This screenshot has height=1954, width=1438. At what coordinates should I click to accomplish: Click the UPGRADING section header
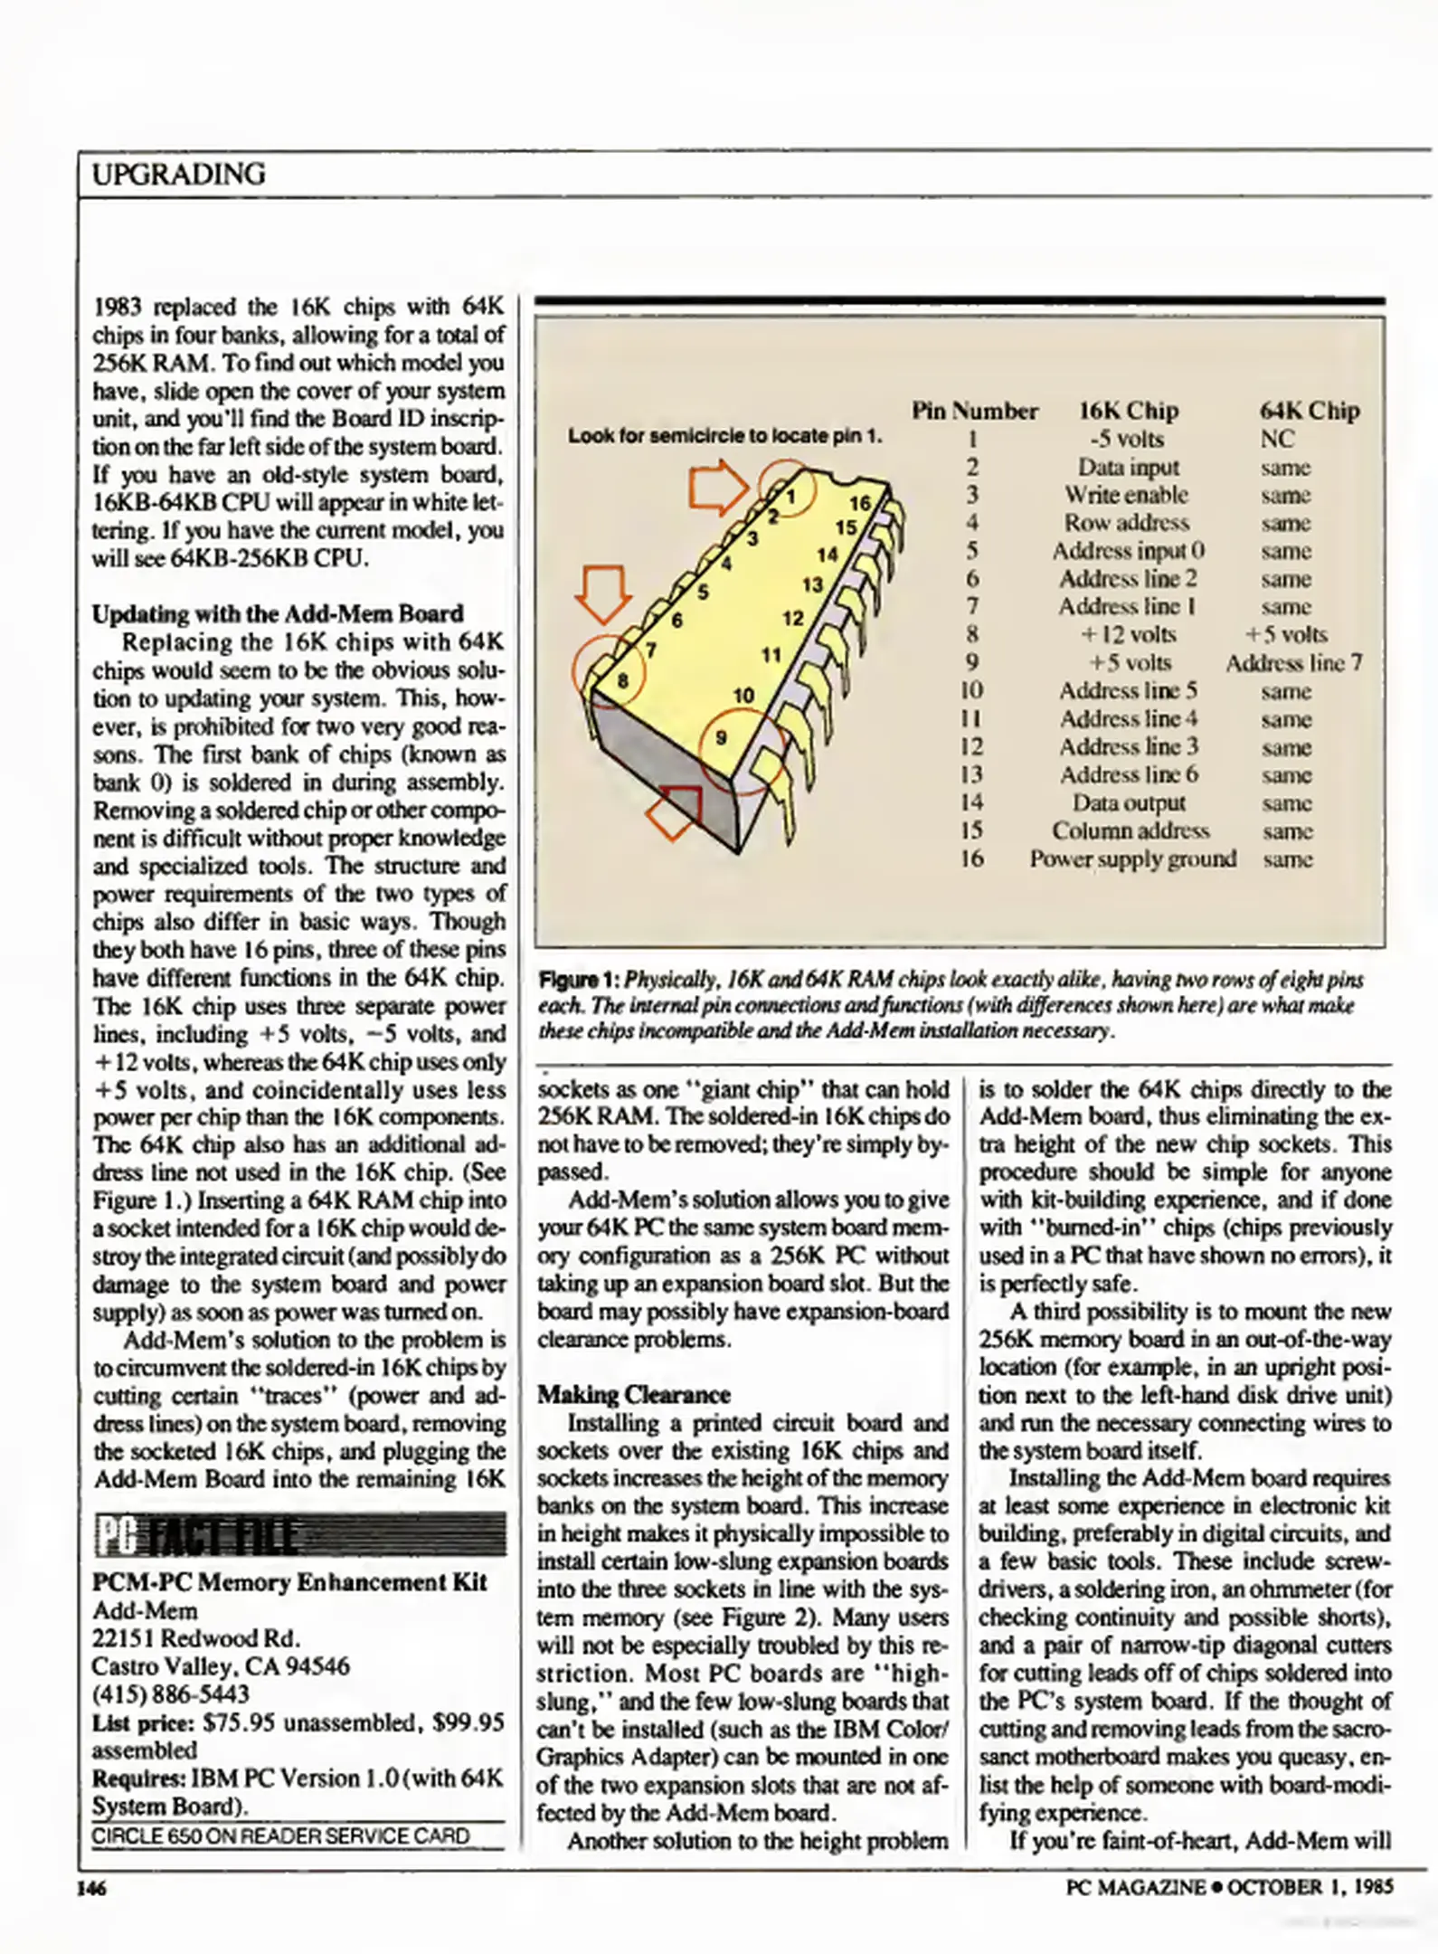pyautogui.click(x=179, y=174)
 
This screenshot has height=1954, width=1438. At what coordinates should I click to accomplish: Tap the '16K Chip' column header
pyautogui.click(x=1128, y=411)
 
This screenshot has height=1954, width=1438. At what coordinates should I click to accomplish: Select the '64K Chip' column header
pyautogui.click(x=1309, y=411)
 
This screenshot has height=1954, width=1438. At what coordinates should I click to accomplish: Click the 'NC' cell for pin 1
pyautogui.click(x=1277, y=439)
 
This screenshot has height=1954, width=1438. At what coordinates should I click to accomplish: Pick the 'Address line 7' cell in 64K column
pyautogui.click(x=1293, y=663)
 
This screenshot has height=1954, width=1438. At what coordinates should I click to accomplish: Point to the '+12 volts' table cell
pyautogui.click(x=1128, y=635)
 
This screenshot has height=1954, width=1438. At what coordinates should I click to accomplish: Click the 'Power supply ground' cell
pyautogui.click(x=1132, y=858)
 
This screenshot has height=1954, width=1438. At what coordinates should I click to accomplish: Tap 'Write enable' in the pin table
pyautogui.click(x=1126, y=495)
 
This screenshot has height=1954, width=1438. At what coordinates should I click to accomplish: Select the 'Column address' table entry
pyautogui.click(x=1131, y=830)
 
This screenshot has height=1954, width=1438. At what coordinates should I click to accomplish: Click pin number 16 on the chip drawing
pyautogui.click(x=859, y=503)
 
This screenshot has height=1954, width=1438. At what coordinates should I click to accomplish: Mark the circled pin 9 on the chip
pyautogui.click(x=722, y=737)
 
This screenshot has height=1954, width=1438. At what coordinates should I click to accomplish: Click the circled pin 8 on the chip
pyautogui.click(x=621, y=680)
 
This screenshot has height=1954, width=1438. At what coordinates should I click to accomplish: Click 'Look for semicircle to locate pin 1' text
pyautogui.click(x=724, y=436)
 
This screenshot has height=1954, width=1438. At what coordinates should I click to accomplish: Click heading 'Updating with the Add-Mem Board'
pyautogui.click(x=278, y=614)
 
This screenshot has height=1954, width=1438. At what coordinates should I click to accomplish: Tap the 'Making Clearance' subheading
pyautogui.click(x=633, y=1395)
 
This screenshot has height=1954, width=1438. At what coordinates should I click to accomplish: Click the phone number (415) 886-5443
pyautogui.click(x=170, y=1693)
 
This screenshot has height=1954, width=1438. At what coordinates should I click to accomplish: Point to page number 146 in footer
pyautogui.click(x=91, y=1888)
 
